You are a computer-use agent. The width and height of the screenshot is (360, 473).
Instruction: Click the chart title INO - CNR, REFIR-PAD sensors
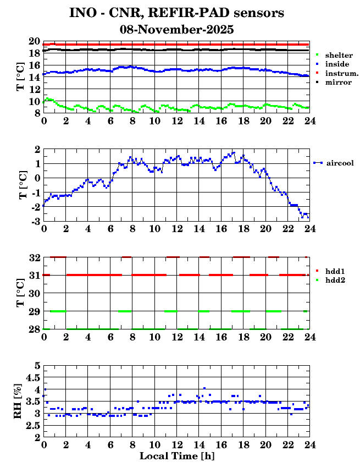(176, 13)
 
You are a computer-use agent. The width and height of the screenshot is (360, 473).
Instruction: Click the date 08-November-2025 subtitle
(176, 30)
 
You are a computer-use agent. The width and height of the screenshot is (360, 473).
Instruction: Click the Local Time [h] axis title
(176, 457)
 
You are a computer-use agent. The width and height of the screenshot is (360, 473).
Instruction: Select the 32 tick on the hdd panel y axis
(34, 258)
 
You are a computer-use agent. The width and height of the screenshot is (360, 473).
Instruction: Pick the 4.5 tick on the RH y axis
(34, 377)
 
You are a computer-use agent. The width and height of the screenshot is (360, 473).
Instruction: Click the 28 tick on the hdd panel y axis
(34, 329)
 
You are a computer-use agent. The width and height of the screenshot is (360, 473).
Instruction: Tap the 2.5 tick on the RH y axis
(34, 426)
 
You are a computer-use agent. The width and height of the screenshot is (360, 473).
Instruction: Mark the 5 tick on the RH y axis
(37, 365)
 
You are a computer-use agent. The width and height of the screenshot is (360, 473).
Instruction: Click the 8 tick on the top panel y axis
(37, 113)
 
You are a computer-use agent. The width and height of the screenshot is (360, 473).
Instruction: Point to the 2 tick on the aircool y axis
(37, 150)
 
